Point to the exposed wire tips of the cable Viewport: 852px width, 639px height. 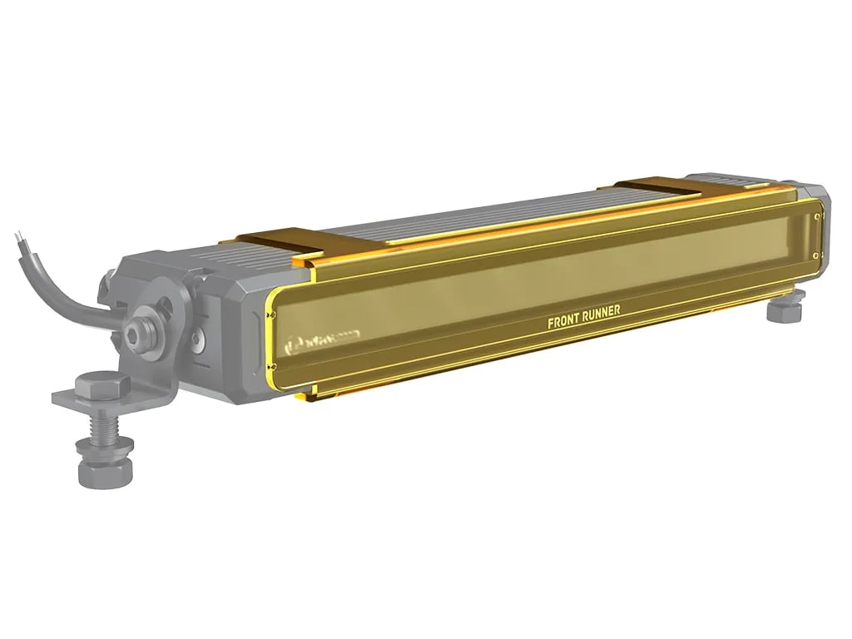20,241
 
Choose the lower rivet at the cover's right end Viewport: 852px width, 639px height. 820,255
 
